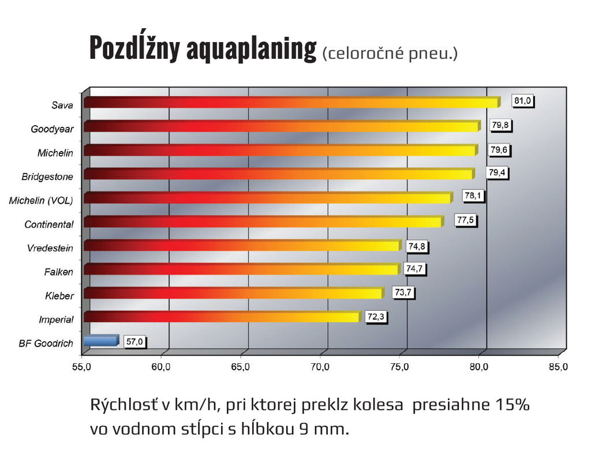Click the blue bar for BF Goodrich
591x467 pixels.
pyautogui.click(x=101, y=341)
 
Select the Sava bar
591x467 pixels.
pyautogui.click(x=291, y=102)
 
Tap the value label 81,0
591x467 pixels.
pyautogui.click(x=522, y=101)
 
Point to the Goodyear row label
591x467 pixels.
pyautogui.click(x=52, y=129)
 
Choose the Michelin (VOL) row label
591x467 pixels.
pyautogui.click(x=41, y=201)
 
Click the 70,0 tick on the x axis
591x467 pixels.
pyautogui.click(x=320, y=367)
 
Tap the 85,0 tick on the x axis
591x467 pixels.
pyautogui.click(x=558, y=367)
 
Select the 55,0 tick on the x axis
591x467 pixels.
pyautogui.click(x=82, y=367)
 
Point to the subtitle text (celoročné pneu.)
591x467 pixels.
pyautogui.click(x=390, y=54)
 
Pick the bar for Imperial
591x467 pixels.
pyautogui.click(x=222, y=317)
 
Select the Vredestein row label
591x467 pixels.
pyautogui.click(x=50, y=248)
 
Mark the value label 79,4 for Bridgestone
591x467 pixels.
pyautogui.click(x=498, y=172)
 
